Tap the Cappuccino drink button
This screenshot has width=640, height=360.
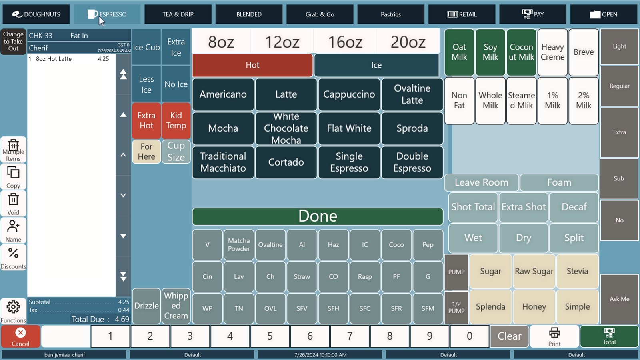click(349, 94)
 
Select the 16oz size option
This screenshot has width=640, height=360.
click(345, 42)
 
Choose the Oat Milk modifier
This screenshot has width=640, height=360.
click(459, 52)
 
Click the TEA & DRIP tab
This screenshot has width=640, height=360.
click(178, 14)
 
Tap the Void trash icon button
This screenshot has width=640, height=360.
click(13, 204)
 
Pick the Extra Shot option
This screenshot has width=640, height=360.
click(524, 207)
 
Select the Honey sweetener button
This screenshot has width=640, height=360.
click(534, 306)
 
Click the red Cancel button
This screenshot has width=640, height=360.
click(20, 336)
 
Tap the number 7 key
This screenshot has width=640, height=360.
click(350, 336)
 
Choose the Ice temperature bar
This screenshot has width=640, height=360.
click(376, 65)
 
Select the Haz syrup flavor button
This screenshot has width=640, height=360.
click(333, 244)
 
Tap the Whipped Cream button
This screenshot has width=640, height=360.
click(176, 306)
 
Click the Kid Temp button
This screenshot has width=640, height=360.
click(176, 120)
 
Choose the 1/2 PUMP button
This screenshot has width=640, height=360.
click(456, 307)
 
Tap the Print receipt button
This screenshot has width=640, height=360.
click(554, 336)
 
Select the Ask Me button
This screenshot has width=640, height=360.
click(620, 299)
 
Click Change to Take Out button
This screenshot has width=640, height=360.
click(13, 42)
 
